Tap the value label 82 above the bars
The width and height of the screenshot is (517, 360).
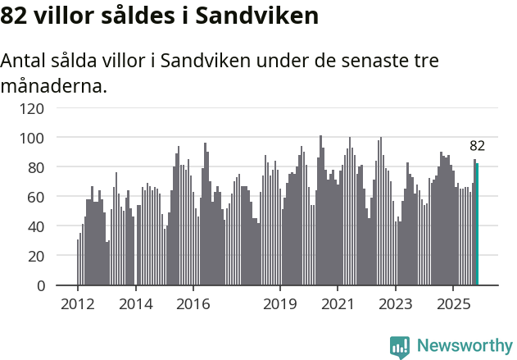[477, 146]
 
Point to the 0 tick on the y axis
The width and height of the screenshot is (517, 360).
[40, 285]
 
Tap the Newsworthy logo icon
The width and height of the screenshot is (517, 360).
[400, 347]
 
